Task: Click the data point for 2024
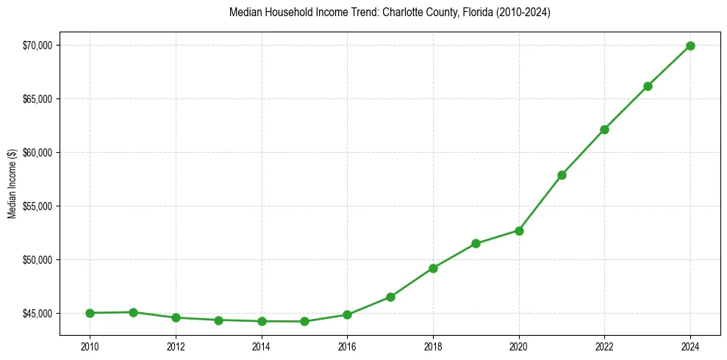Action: [690, 46]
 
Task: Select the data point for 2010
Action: [90, 313]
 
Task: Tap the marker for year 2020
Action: [519, 231]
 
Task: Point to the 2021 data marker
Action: [562, 175]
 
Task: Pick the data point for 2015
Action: [304, 321]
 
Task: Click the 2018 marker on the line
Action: [433, 268]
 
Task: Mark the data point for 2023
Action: [648, 86]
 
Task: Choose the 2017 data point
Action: [390, 297]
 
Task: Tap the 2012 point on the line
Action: [176, 317]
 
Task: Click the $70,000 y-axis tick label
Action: [37, 46]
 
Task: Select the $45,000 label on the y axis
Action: [37, 314]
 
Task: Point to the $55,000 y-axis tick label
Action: [37, 206]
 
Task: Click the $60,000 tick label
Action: [37, 153]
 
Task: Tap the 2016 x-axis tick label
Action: [347, 346]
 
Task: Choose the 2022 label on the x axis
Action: [604, 346]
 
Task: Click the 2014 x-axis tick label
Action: [262, 346]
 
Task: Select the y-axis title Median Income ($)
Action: [12, 184]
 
